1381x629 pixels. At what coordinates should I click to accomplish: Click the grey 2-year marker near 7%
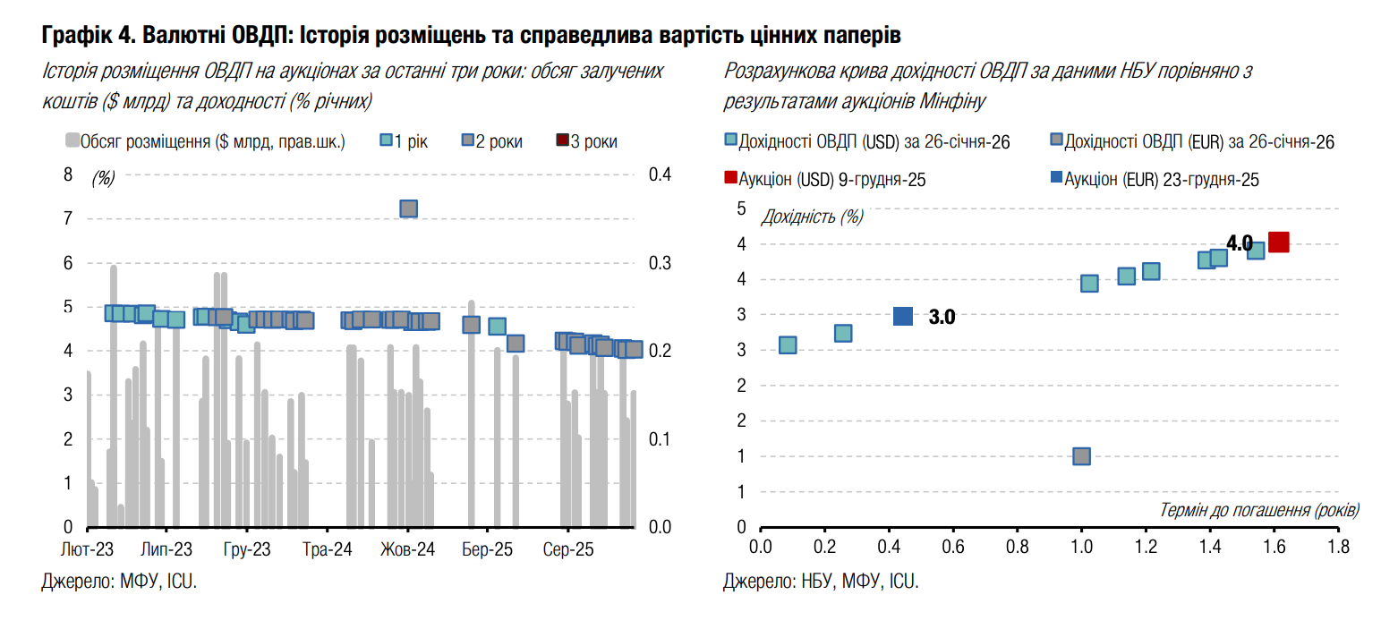pos(409,208)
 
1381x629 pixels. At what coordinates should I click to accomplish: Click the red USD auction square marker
pos(1278,242)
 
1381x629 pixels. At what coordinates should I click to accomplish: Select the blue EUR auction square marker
pos(903,316)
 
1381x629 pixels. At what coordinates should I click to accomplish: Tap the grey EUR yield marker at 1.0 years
pos(1081,456)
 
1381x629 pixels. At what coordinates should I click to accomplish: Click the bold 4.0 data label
pos(1239,242)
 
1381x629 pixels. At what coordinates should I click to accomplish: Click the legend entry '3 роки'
pos(587,141)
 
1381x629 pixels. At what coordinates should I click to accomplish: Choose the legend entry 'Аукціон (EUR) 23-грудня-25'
pos(1154,179)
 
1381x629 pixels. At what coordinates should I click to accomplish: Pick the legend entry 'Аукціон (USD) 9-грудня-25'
pos(824,179)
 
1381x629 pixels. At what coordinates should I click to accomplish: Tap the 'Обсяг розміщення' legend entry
pos(204,141)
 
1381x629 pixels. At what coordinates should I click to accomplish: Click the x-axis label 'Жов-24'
pos(407,548)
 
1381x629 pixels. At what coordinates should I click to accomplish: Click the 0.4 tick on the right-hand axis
pos(659,174)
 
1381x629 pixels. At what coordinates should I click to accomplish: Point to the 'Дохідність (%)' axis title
pos(813,216)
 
